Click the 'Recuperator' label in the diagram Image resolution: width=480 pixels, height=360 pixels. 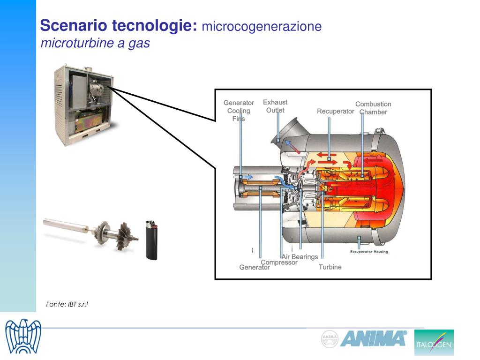click(x=335, y=111)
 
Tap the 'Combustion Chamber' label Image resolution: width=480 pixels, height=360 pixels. click(x=373, y=108)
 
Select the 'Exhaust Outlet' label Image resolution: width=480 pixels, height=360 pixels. click(x=275, y=106)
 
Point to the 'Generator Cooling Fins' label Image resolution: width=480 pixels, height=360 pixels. click(x=239, y=111)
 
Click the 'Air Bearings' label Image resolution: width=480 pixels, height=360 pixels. click(x=300, y=256)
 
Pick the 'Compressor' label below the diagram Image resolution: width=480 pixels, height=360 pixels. click(x=279, y=262)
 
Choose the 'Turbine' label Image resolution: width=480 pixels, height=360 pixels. click(x=330, y=267)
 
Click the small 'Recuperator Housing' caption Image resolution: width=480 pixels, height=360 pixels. click(x=369, y=252)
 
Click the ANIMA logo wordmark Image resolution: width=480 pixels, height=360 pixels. click(x=373, y=338)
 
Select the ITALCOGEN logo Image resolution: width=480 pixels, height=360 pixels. click(x=434, y=342)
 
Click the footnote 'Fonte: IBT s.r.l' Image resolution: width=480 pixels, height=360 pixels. click(x=67, y=304)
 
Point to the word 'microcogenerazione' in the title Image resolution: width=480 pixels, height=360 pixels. click(x=262, y=26)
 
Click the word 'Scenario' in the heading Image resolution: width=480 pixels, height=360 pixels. click(x=74, y=25)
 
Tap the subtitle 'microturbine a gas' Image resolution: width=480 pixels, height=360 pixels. click(x=95, y=44)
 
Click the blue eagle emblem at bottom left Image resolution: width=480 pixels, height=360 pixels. click(x=23, y=337)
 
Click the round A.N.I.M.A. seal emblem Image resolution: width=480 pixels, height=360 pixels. click(x=330, y=339)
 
